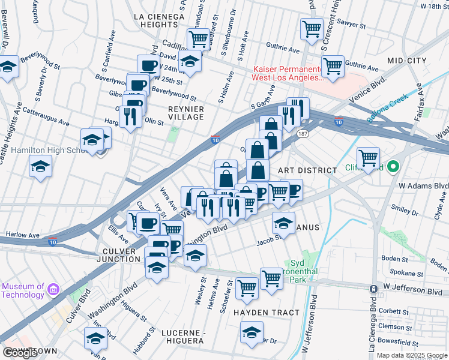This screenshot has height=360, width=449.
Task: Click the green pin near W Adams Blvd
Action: [x=394, y=166]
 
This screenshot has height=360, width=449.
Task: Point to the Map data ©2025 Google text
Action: [x=412, y=355]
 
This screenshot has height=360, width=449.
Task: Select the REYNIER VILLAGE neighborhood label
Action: [x=186, y=113]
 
